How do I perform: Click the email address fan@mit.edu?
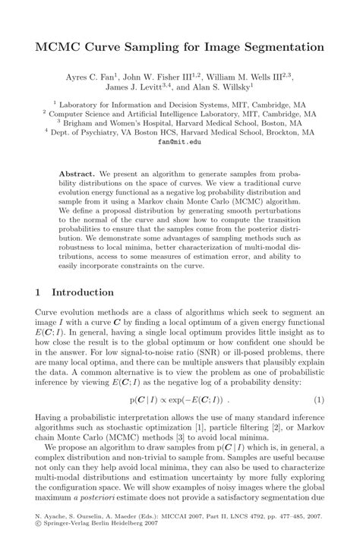point(180,140)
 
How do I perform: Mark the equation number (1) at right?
point(319,399)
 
